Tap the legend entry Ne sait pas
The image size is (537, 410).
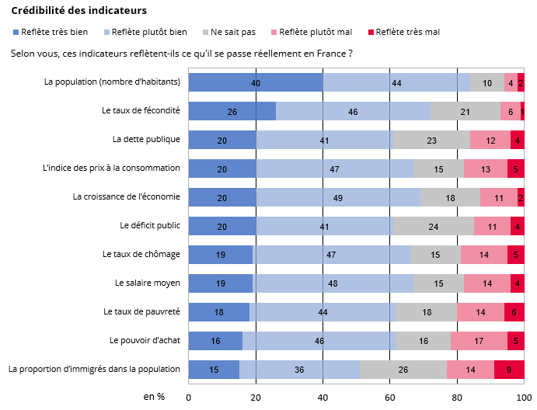[x=233, y=32]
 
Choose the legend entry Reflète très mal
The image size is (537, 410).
[x=408, y=32]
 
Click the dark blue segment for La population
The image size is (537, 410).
[x=256, y=82]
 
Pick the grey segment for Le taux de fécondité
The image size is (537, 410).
[x=465, y=111]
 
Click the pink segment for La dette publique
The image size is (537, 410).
[x=490, y=140]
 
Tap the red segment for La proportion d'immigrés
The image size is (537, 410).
[x=509, y=370]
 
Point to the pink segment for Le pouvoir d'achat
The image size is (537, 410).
[x=479, y=341]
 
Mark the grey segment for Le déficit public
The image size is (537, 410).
[x=433, y=226]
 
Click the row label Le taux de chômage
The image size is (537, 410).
[x=141, y=254]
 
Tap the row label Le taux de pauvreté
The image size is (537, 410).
[x=141, y=311]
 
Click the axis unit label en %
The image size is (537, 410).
[x=154, y=396]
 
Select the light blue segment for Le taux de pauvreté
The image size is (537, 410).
[x=323, y=312]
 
